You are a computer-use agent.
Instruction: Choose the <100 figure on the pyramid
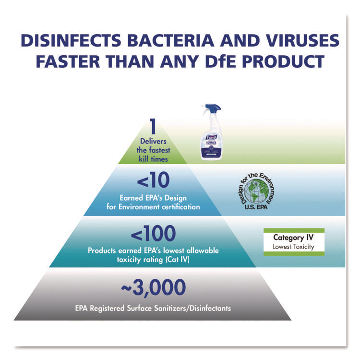coord(154,233)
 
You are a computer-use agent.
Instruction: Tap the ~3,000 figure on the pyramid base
coord(154,288)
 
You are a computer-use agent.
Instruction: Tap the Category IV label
coord(294,238)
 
